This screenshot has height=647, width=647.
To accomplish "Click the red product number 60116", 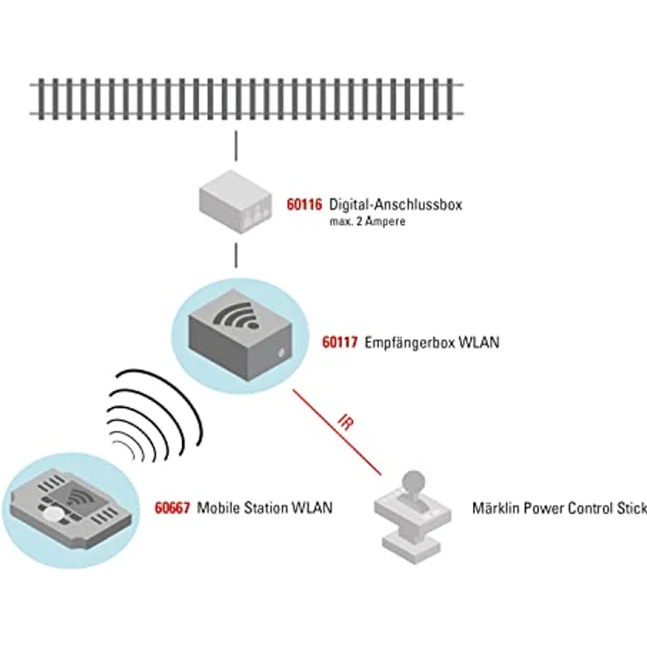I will [x=304, y=205].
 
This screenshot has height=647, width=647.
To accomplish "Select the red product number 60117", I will [x=339, y=343].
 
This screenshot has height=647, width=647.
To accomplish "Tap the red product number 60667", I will [x=172, y=507].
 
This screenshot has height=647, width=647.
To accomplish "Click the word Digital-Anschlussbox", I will [x=395, y=205].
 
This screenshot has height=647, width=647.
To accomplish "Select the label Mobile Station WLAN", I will [x=265, y=507].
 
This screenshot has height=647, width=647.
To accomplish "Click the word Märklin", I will [x=497, y=508].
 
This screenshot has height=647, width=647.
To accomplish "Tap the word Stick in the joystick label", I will [x=630, y=508].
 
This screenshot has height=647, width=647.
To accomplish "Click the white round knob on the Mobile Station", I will [x=55, y=515].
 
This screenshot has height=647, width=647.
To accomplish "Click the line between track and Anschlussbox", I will [x=235, y=146].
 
